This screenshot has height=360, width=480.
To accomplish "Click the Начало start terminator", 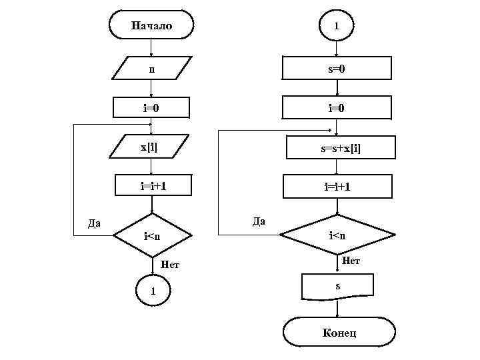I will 151,26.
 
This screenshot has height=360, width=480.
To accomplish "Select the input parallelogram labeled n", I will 151,68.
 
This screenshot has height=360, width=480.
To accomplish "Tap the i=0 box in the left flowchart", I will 151,107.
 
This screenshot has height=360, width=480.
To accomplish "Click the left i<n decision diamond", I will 153,235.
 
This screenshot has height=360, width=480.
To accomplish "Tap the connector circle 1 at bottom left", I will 153,291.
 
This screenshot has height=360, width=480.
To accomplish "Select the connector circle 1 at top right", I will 337,26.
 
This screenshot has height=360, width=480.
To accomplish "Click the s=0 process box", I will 337,68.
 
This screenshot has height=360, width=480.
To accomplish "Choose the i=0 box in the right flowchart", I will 337,107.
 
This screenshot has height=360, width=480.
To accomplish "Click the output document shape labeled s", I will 337,287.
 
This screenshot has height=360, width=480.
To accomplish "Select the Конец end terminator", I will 339,332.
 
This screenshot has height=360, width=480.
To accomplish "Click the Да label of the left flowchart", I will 95,223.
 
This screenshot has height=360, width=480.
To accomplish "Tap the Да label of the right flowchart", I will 259,221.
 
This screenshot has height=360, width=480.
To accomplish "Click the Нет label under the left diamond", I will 170,265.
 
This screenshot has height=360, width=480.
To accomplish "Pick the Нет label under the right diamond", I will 351,261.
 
